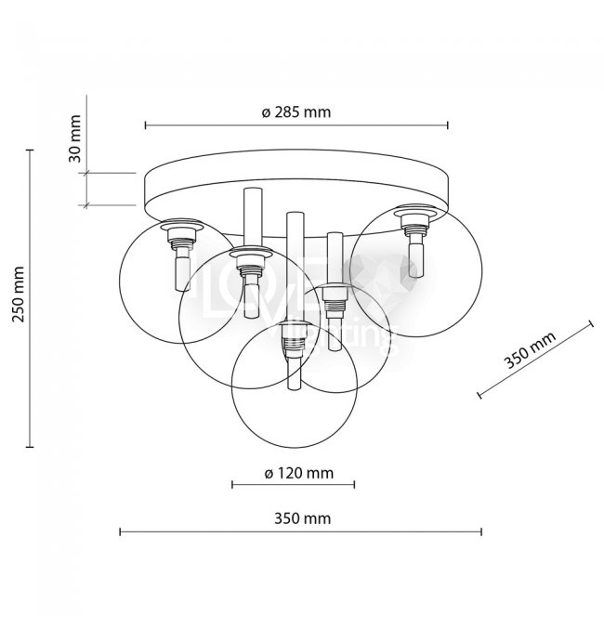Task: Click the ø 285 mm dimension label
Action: (x=296, y=111)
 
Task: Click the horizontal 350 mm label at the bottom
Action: (x=301, y=518)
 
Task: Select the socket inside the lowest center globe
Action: (x=293, y=349)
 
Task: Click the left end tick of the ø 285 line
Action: (x=146, y=125)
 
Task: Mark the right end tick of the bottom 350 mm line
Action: (x=481, y=532)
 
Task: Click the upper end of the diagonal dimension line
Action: (x=591, y=323)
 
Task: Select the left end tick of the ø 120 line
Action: (x=232, y=484)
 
